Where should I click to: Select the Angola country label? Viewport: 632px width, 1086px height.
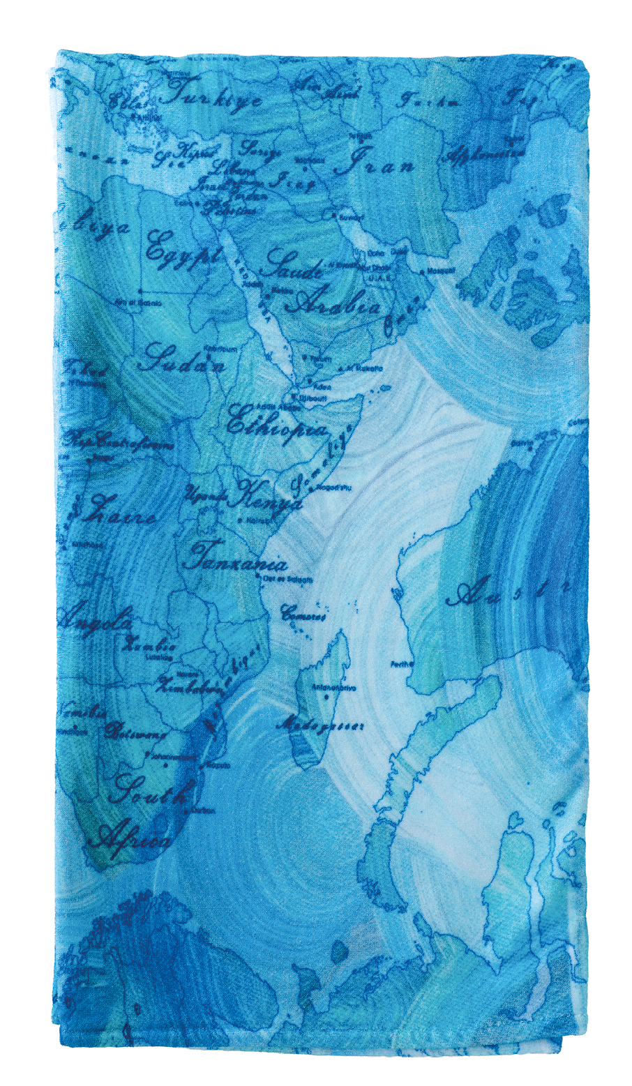pos(96,618)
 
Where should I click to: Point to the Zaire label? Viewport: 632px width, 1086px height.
pos(119,515)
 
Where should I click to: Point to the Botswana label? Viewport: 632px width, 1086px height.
pos(135,731)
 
